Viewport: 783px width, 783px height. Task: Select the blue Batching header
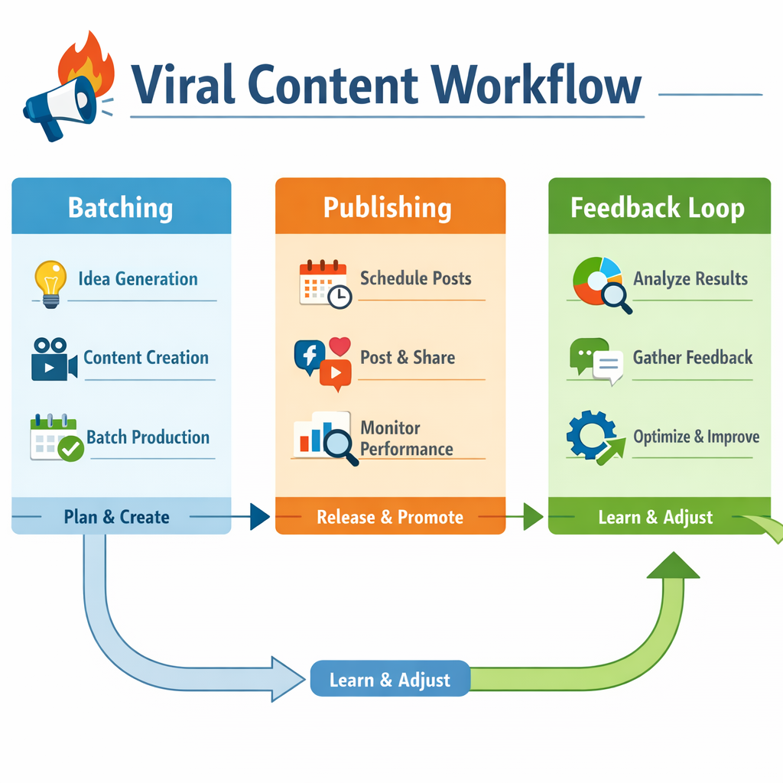point(121,207)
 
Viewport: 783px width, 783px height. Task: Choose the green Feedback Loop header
point(658,208)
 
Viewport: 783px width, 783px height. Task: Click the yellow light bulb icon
point(50,283)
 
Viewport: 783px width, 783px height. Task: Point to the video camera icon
point(54,359)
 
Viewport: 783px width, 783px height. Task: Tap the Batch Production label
point(148,437)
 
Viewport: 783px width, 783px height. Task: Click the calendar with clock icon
point(323,284)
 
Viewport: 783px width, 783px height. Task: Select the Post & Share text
point(408,357)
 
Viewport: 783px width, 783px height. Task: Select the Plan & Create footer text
point(116,517)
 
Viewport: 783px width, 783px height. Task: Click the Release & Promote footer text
point(390,518)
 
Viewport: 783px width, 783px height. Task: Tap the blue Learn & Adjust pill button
point(390,679)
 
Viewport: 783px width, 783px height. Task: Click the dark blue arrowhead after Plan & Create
point(260,518)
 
